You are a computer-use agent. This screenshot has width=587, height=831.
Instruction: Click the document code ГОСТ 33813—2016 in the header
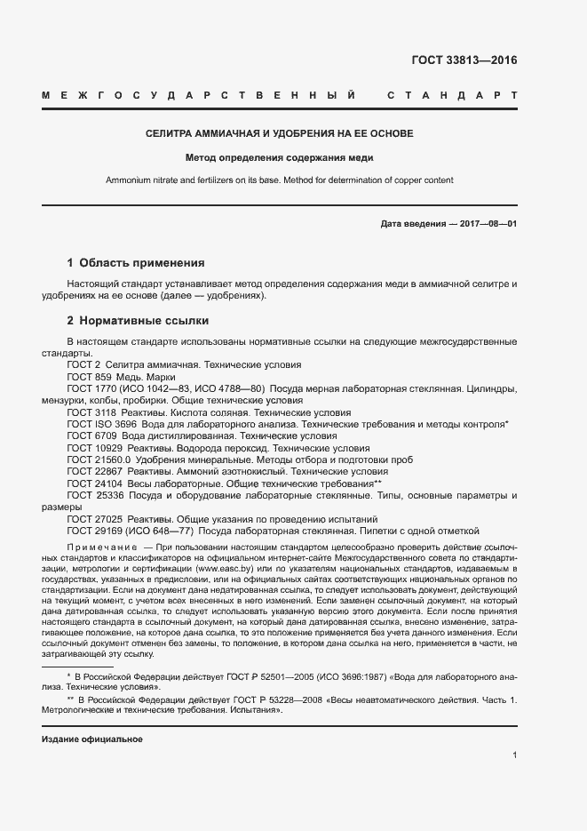point(464,61)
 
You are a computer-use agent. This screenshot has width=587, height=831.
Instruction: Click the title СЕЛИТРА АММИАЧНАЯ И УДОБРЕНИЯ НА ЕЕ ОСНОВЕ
point(280,134)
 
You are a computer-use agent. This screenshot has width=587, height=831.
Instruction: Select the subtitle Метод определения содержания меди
point(280,158)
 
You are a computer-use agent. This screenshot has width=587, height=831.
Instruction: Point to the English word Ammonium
point(129,180)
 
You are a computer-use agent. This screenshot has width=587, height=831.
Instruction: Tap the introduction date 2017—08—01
point(487,223)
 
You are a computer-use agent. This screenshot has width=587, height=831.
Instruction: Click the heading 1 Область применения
point(136,263)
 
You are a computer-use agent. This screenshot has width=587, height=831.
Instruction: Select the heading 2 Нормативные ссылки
point(138,320)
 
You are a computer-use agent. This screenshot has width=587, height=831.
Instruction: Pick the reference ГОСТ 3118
point(89,412)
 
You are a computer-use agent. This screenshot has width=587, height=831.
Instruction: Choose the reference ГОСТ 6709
point(89,436)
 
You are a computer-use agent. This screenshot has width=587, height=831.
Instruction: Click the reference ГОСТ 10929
point(91,449)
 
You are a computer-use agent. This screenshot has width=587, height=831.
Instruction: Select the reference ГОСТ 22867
point(91,472)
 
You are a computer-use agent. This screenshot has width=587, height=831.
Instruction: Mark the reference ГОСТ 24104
point(91,484)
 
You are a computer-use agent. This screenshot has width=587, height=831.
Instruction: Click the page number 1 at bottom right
point(514,755)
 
